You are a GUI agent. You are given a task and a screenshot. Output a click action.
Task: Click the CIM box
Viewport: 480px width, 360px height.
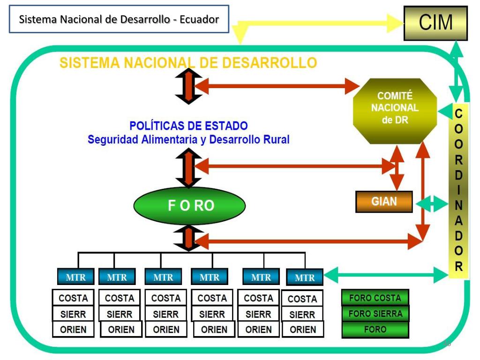pos(435,22)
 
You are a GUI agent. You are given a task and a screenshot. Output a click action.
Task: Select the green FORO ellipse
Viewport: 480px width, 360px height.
pos(189,205)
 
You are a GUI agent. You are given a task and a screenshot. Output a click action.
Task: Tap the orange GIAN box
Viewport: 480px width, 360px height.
pos(384,202)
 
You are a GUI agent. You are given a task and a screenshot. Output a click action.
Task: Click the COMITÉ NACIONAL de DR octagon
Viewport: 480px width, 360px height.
pos(395,111)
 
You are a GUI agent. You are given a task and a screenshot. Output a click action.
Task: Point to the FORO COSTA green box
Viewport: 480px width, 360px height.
pos(375,298)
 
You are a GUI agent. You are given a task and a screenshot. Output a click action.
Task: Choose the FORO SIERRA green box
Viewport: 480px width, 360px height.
pos(375,314)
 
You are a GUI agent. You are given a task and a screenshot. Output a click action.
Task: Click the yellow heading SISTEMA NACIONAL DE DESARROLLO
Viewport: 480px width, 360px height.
pos(188,63)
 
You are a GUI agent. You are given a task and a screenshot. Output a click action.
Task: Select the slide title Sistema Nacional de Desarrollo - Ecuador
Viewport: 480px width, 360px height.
pos(119,19)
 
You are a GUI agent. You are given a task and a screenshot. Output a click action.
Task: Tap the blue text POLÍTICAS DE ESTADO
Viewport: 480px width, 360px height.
pos(188,126)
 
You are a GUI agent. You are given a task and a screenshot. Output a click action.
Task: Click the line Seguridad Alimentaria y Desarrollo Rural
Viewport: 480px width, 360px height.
pos(188,140)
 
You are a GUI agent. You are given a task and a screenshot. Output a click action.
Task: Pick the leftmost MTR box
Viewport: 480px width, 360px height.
pos(75,277)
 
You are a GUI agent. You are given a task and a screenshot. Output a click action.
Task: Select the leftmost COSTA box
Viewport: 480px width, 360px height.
pos(73,298)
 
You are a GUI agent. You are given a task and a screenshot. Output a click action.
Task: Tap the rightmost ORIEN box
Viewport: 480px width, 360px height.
pos(303,330)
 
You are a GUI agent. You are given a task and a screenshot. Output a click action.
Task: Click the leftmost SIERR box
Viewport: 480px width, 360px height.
pos(73,314)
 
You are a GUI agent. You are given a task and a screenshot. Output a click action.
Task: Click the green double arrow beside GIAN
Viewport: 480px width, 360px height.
pos(432,203)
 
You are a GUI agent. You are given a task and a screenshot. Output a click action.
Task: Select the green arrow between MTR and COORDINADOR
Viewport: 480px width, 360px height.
pos(386,275)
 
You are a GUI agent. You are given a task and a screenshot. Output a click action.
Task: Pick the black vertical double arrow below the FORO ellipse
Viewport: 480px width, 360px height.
pos(188,238)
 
